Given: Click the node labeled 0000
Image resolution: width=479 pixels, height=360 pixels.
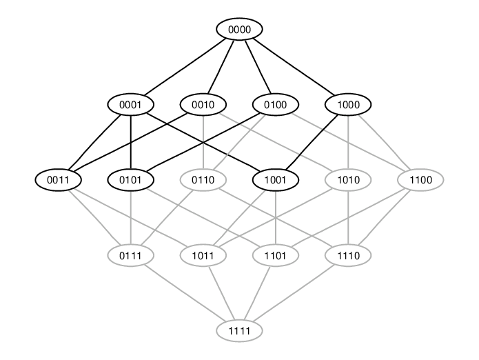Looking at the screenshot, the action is [x=240, y=30].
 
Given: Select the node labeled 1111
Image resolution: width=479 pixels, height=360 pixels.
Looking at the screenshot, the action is [x=240, y=330].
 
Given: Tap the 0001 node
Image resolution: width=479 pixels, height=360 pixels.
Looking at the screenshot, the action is [x=130, y=105].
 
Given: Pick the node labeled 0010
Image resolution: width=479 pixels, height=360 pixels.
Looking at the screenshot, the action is [x=203, y=105].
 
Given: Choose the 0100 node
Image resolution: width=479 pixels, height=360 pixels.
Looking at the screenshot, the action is [x=276, y=105].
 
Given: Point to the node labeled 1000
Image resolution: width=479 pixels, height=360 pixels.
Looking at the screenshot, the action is [x=348, y=105].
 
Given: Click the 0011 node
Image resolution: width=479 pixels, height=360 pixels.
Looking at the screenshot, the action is [x=58, y=180].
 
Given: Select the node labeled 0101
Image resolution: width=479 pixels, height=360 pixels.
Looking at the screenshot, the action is [x=130, y=180].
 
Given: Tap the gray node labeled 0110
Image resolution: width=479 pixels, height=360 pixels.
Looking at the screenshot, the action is [x=203, y=180].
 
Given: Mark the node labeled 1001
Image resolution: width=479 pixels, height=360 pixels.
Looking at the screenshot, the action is [x=276, y=180].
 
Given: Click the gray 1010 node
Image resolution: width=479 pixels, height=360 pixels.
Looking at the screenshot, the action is [x=348, y=180].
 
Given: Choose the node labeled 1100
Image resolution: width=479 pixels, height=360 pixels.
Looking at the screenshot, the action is [x=420, y=180].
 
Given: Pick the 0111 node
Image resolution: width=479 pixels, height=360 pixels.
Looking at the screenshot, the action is [x=130, y=255].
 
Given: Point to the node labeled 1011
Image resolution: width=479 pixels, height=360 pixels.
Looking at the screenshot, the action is [x=203, y=255].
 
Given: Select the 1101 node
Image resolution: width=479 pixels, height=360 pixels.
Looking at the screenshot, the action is [x=276, y=255].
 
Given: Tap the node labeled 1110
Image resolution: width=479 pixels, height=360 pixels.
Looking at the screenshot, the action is [x=348, y=255].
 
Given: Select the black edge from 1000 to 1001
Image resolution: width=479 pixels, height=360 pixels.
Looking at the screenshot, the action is [x=312, y=142].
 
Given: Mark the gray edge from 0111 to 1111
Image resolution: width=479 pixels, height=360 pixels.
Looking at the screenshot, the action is [x=185, y=293].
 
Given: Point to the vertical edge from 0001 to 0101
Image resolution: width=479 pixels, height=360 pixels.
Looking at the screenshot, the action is [x=131, y=142].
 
